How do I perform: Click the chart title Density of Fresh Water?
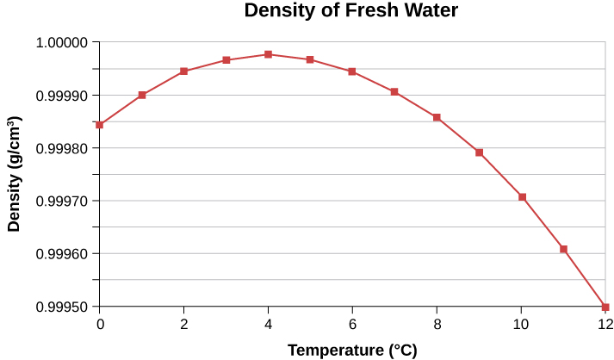[x=350, y=11]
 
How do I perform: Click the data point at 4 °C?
[x=268, y=54]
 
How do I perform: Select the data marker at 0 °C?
[x=100, y=125]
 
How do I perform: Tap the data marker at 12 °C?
[x=605, y=307]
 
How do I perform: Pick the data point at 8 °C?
[x=437, y=117]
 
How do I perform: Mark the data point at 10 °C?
[x=521, y=197]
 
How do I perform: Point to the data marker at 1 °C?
[x=142, y=95]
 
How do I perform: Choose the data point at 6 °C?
[x=352, y=71]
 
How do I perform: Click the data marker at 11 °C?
[x=563, y=249]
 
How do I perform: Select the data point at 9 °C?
[x=479, y=152]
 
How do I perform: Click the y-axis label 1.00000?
[x=62, y=42]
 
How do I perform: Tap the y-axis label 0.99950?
[x=62, y=307]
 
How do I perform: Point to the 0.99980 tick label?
[x=62, y=148]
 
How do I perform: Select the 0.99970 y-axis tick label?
[x=62, y=202]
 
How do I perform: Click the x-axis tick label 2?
[x=183, y=324]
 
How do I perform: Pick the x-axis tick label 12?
[x=605, y=324]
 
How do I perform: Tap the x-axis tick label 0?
[x=100, y=324]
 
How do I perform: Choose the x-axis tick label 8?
[x=437, y=324]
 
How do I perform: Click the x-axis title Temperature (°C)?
[x=351, y=350]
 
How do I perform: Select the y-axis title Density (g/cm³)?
[x=15, y=175]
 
